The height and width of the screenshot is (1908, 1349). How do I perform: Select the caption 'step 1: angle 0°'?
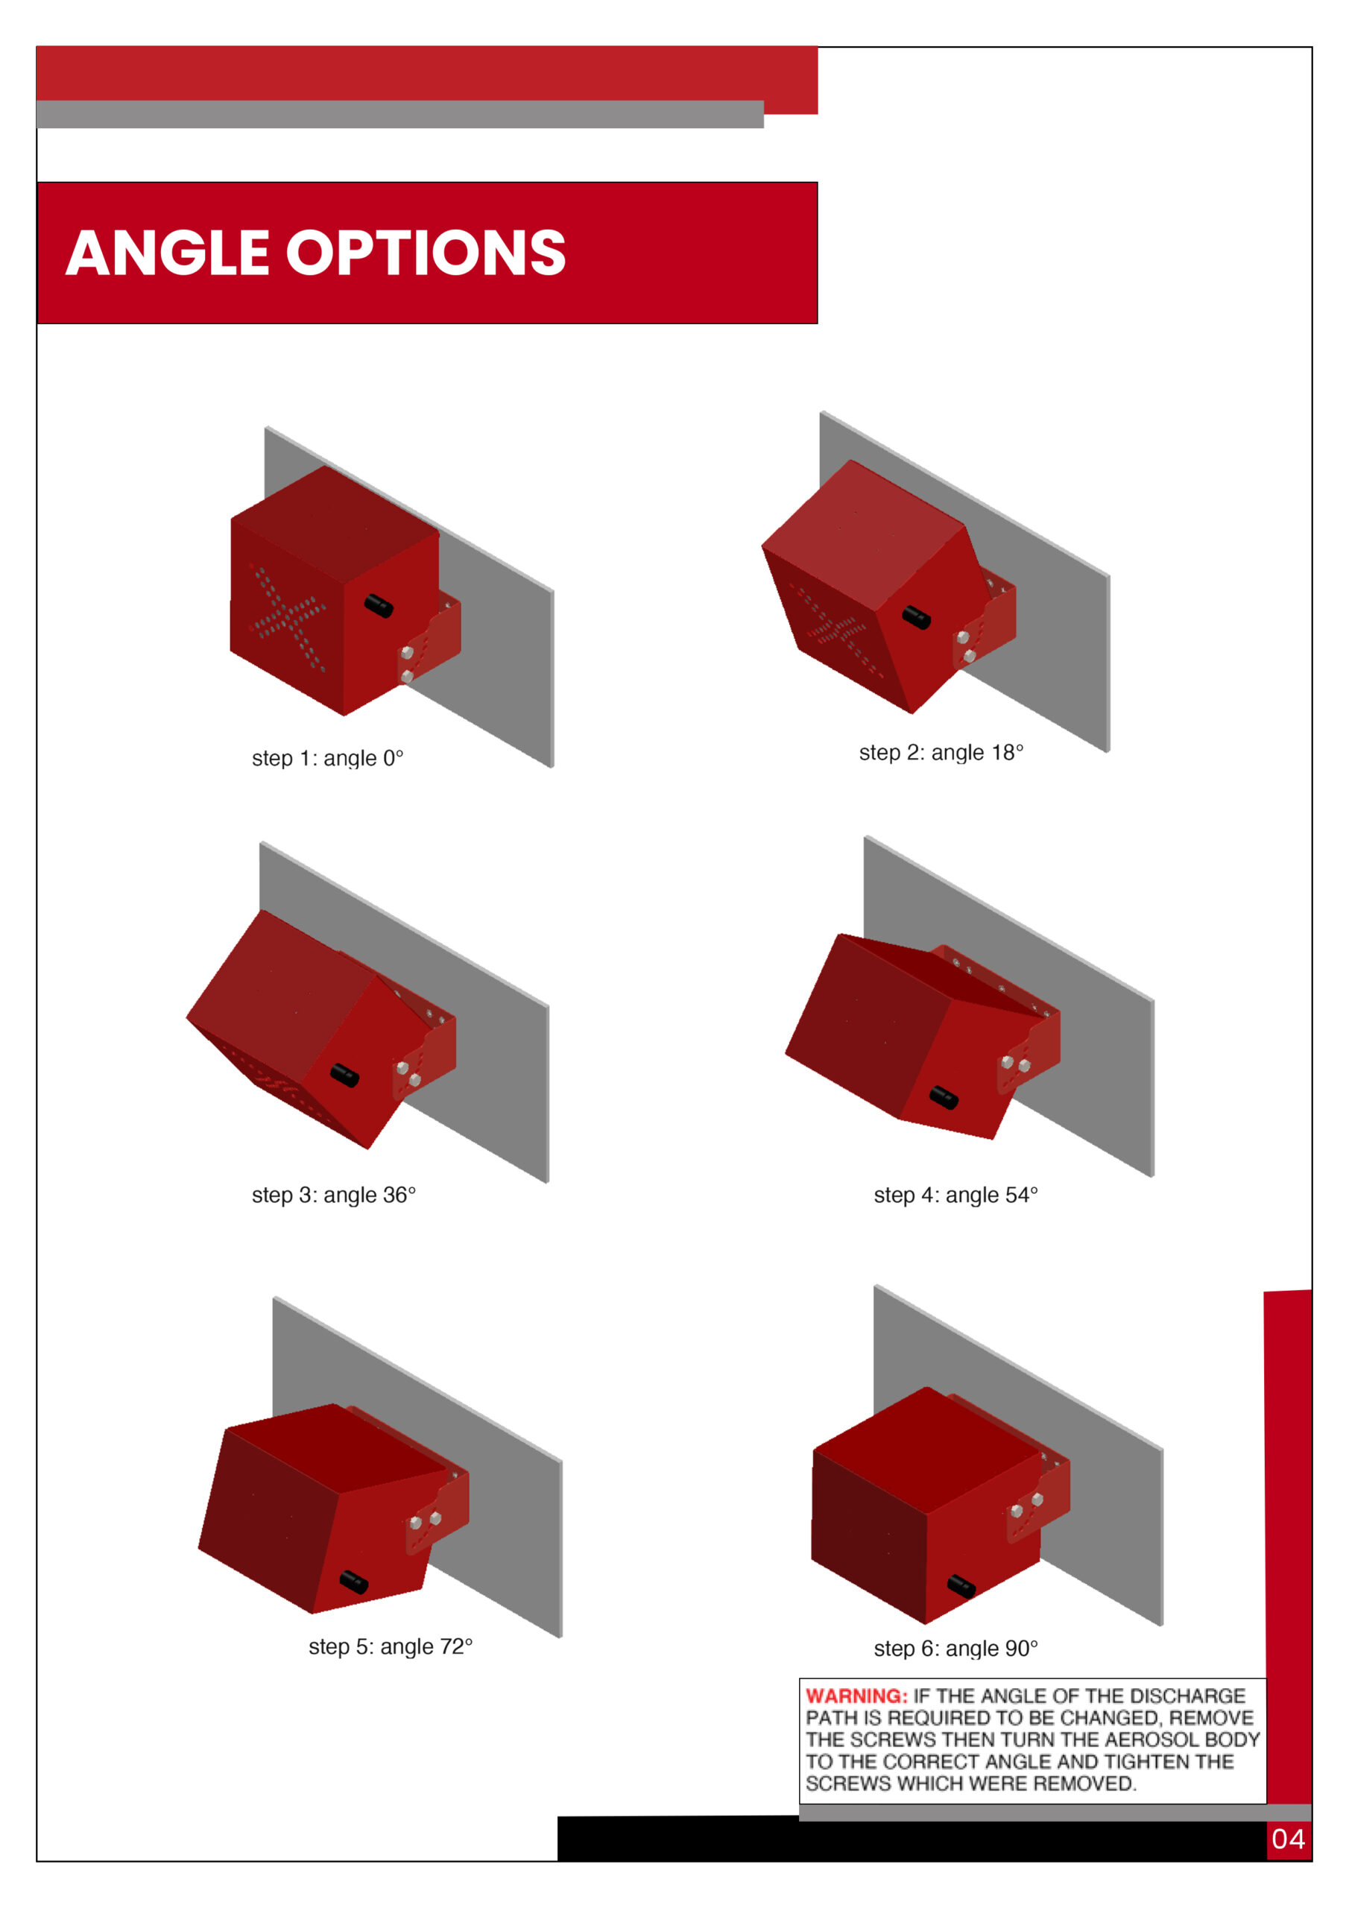327,759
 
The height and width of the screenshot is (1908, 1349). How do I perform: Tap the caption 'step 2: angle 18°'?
941,753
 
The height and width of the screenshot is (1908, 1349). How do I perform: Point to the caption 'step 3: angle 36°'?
333,1195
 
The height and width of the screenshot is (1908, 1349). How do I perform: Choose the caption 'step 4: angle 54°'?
956,1195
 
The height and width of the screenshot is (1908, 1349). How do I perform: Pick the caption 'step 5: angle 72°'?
391,1646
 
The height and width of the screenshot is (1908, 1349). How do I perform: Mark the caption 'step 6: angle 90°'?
956,1648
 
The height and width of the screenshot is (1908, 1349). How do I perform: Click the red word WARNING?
857,1696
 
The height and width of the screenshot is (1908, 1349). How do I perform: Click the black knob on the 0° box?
378,606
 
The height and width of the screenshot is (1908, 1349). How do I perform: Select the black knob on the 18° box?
916,617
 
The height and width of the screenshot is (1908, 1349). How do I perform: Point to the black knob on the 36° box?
344,1075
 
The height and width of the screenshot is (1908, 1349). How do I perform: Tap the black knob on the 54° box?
944,1097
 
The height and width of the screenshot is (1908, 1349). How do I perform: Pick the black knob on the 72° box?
353,1582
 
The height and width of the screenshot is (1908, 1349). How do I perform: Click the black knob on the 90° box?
961,1585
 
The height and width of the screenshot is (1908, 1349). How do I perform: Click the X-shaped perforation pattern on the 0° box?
287,616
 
